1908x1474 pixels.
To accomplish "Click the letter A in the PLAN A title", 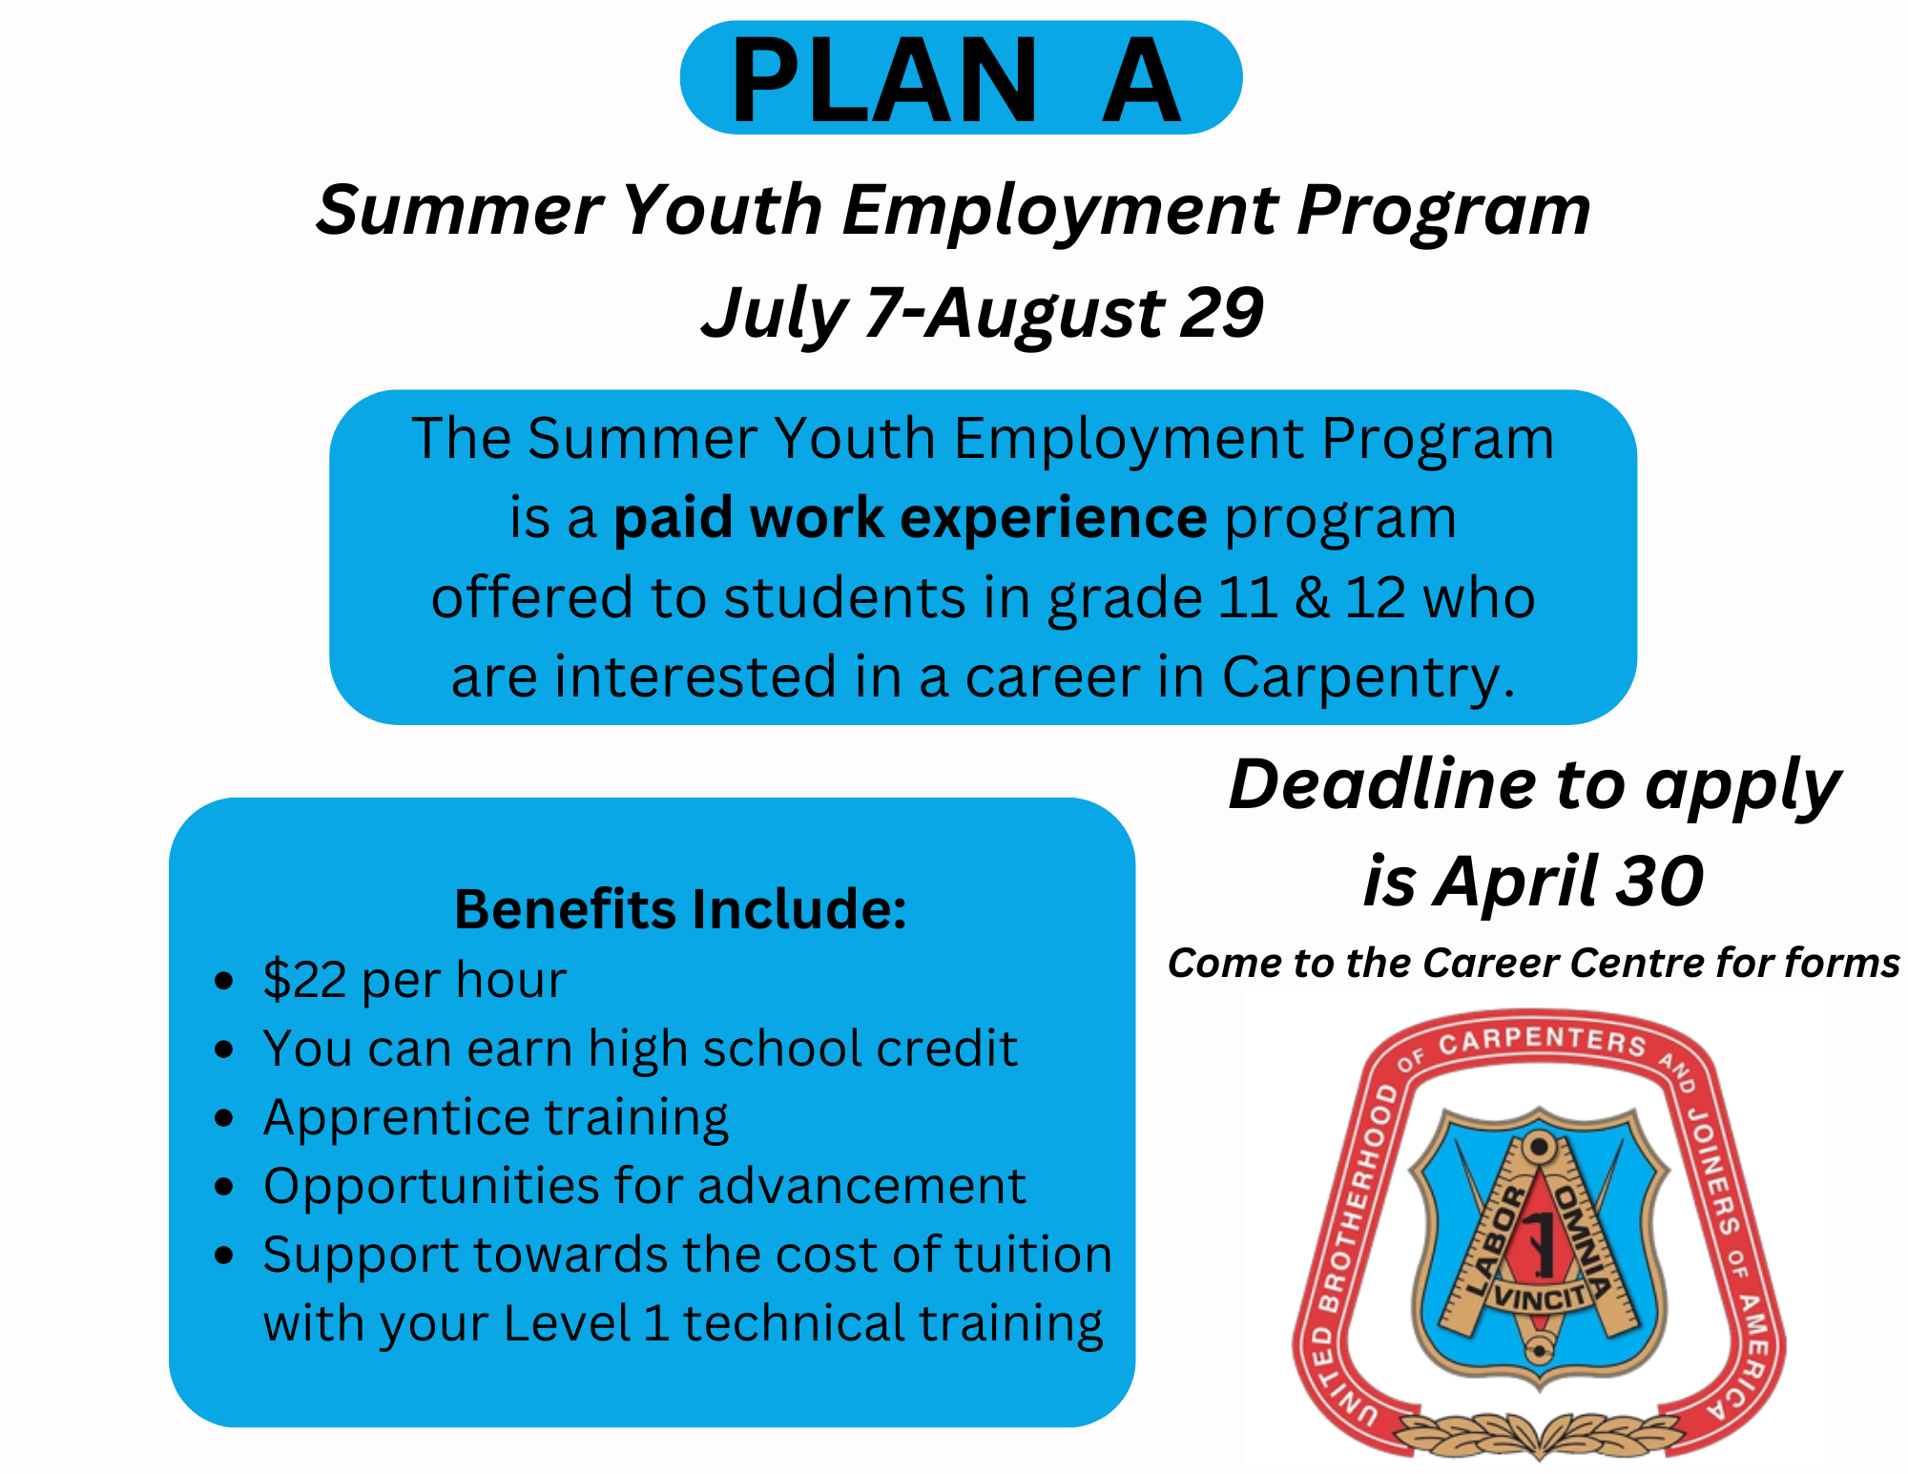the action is tap(1141, 80).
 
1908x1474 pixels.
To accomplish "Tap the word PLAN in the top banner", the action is tap(883, 80).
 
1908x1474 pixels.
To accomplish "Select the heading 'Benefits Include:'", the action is tap(680, 909).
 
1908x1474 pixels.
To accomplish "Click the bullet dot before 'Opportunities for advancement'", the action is tap(224, 1187).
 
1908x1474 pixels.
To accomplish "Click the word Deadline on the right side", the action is tap(1382, 784).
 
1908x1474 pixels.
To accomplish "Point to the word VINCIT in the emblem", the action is tap(1540, 1297).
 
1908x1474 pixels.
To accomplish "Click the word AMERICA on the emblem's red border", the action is tap(1741, 1355).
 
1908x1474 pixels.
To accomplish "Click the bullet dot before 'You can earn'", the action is tap(224, 1049).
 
